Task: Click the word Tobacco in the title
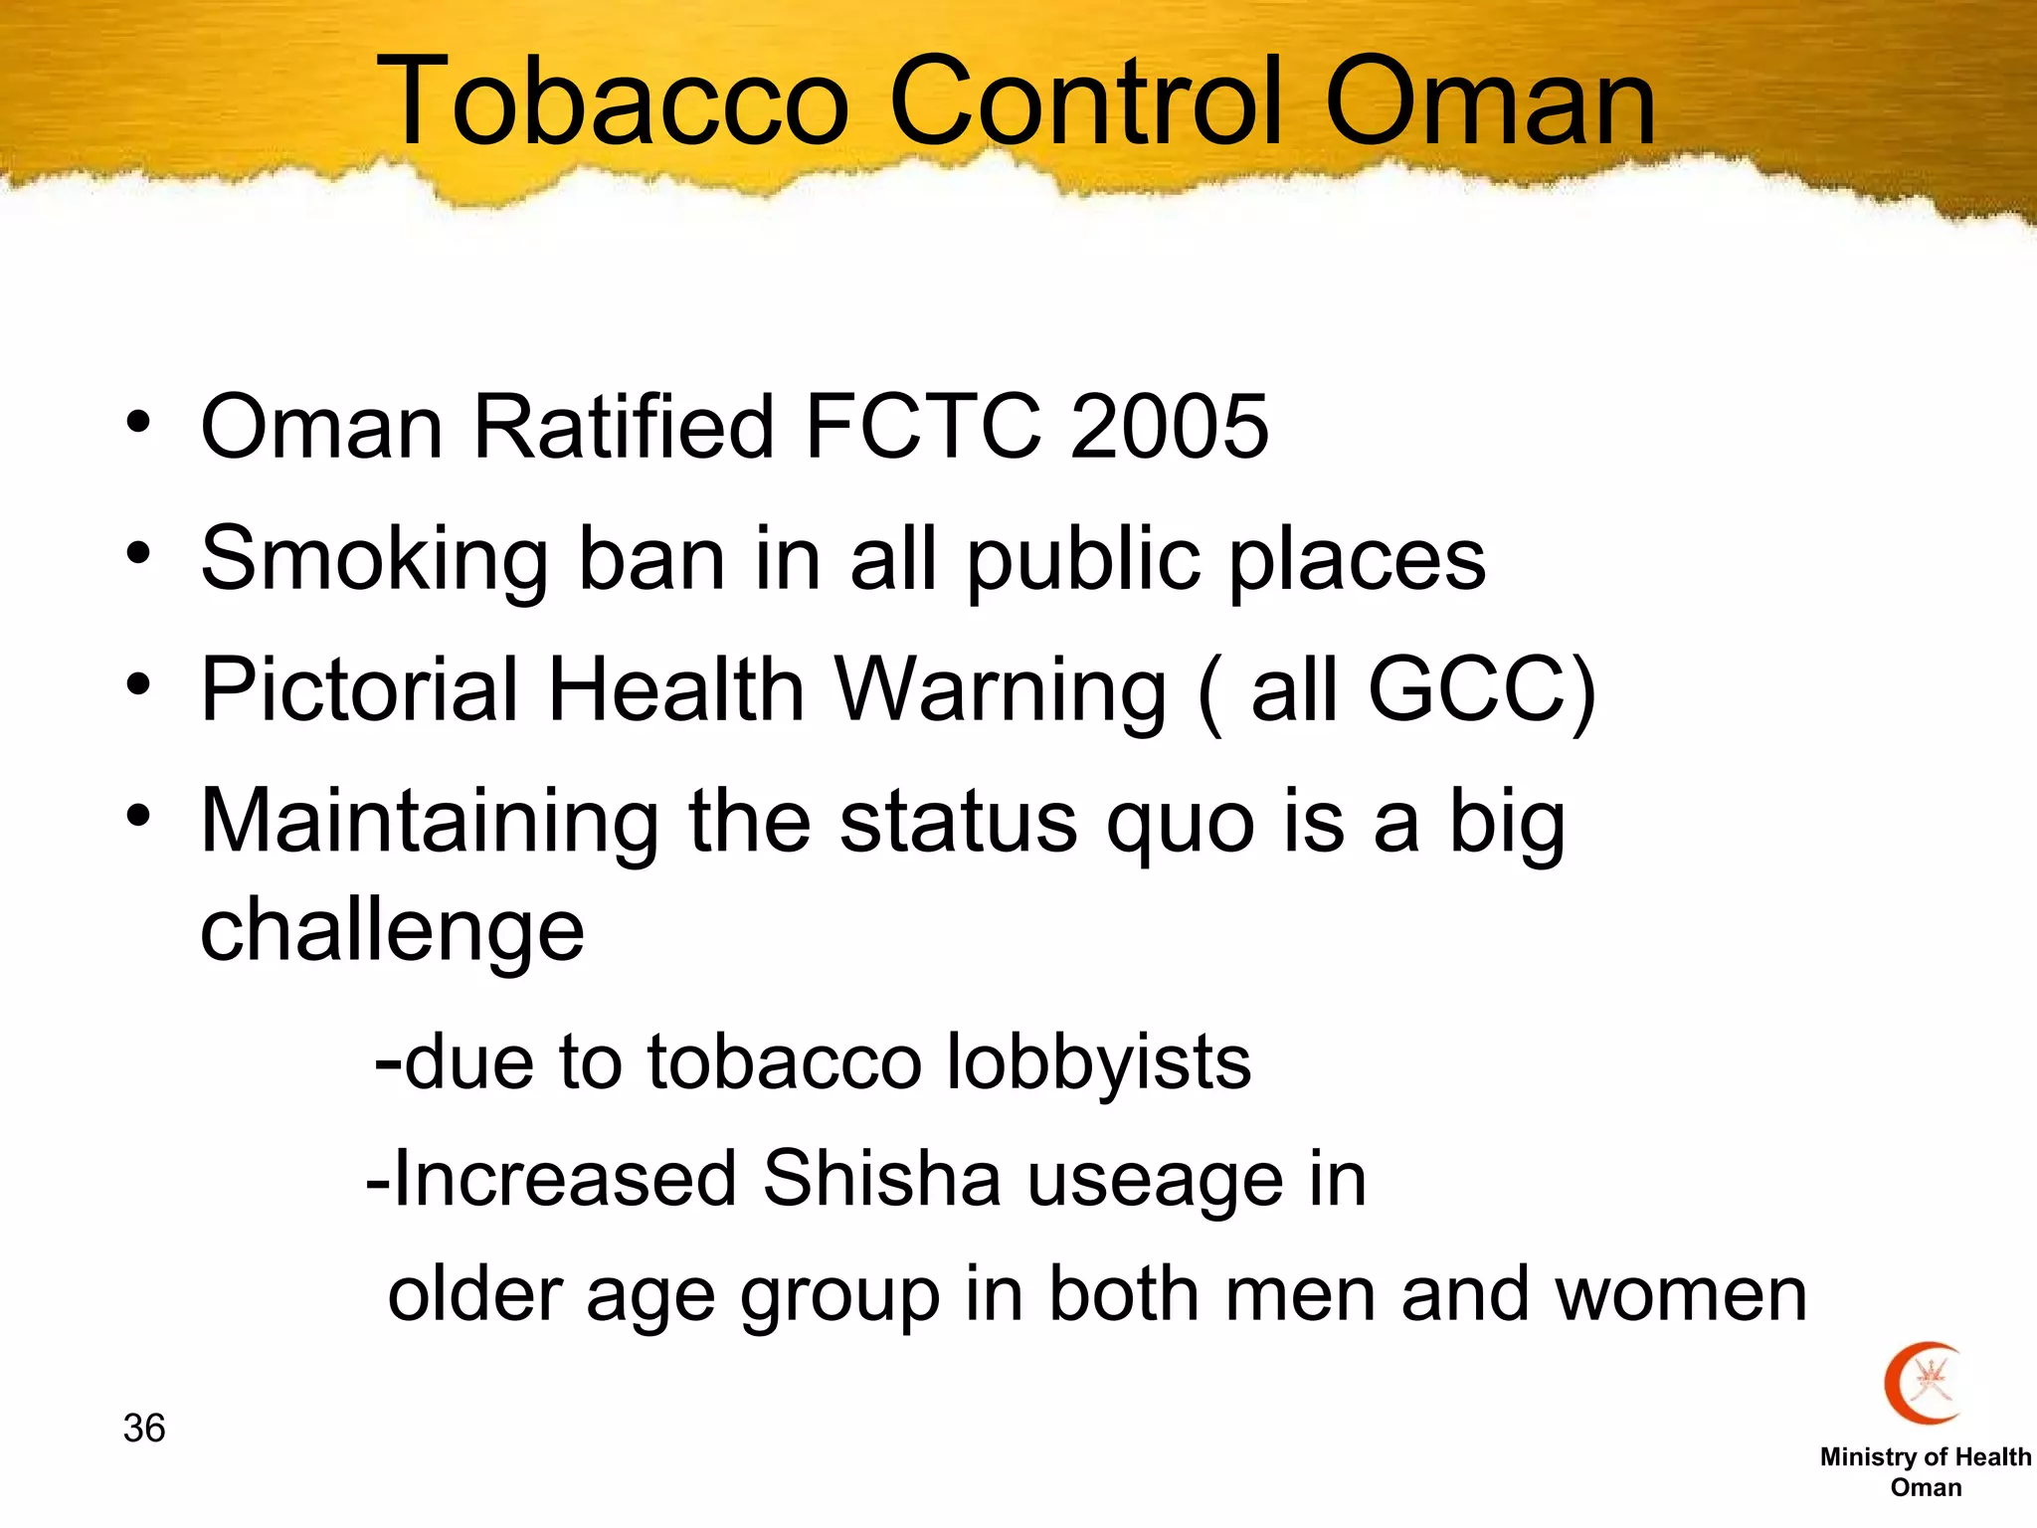click(x=613, y=101)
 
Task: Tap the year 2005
click(x=1169, y=427)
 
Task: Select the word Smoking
click(x=374, y=560)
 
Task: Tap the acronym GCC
click(x=1468, y=689)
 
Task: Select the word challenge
click(x=392, y=931)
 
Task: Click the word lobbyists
click(x=1098, y=1063)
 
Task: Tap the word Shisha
click(x=881, y=1179)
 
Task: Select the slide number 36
click(x=144, y=1429)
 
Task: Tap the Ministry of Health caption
click(x=1926, y=1457)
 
